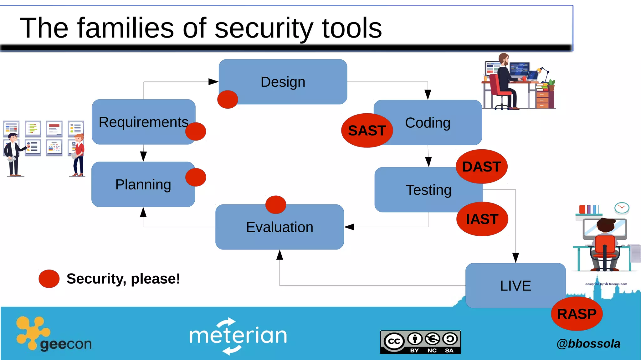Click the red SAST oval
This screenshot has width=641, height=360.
[367, 131]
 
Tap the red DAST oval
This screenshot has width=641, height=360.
[481, 167]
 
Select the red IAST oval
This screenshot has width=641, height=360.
[482, 219]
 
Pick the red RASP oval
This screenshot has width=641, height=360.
[577, 314]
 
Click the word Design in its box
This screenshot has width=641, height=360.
[283, 82]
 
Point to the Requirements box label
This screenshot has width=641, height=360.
[143, 122]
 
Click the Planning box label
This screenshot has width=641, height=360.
[143, 184]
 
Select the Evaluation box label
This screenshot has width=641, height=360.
[279, 227]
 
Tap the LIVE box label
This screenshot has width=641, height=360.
[515, 286]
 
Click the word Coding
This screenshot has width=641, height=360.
[428, 123]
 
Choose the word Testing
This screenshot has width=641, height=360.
[428, 190]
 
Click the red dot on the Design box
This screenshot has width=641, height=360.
[228, 100]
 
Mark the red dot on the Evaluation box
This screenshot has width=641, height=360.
[275, 205]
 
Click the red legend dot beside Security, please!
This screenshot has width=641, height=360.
[49, 279]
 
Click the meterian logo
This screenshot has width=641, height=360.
[238, 336]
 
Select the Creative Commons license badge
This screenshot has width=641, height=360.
[420, 342]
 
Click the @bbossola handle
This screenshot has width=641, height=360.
[588, 344]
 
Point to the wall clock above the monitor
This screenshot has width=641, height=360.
[622, 208]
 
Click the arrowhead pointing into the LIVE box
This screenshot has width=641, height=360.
[515, 258]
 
